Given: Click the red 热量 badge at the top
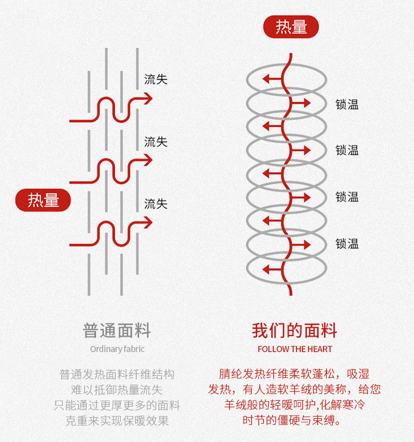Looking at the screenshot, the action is pos(291,27).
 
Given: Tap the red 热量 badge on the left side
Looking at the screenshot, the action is pos(43,200).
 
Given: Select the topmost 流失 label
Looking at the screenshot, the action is pos(155,79).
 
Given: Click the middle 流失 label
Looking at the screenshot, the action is pos(155,142).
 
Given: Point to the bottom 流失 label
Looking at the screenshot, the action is pos(155,203).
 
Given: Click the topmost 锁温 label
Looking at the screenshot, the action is pos(347,104).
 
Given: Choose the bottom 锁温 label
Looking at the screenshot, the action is pos(347,244).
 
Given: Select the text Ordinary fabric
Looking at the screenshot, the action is pos(117,349).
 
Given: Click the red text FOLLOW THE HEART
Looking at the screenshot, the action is pos(295,349).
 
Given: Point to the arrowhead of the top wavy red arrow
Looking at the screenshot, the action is pos(149,99).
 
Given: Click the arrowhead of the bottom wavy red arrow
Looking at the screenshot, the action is pos(149,223).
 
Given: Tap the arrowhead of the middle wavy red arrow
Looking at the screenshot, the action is pos(149,160).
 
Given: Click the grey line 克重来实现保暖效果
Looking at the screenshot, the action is pos(117,421).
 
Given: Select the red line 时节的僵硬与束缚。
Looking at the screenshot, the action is pos(294,421).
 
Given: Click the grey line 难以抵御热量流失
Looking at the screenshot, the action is pos(117,390).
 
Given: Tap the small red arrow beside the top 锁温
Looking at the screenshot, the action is pos(305,103).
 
